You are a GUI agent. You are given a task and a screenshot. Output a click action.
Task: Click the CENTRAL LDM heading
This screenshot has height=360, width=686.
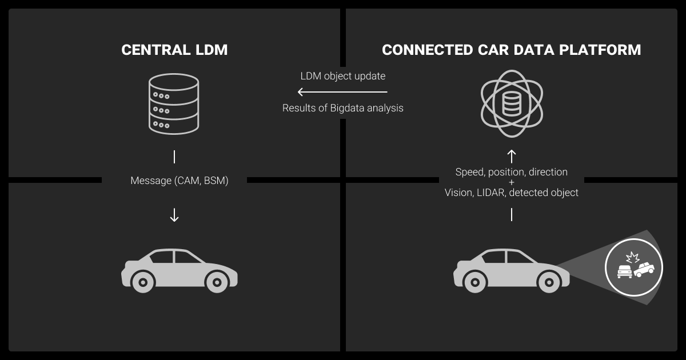(x=174, y=50)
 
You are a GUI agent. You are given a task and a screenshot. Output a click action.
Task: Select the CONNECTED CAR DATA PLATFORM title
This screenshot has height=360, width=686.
(x=511, y=50)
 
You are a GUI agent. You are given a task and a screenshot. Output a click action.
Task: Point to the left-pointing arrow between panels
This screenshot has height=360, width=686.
(x=342, y=92)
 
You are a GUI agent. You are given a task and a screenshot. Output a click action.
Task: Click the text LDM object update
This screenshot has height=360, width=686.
(x=343, y=76)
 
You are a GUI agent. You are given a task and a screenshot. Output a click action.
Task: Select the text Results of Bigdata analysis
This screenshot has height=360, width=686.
(x=343, y=108)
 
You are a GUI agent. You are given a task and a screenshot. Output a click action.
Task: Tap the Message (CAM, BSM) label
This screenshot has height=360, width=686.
(x=180, y=181)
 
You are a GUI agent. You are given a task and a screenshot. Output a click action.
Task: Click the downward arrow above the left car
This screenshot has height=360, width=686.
(x=174, y=215)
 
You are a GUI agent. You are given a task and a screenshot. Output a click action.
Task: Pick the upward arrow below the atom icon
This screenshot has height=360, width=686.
(x=512, y=154)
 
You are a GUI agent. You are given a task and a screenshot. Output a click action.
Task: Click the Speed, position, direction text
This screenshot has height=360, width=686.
(x=512, y=172)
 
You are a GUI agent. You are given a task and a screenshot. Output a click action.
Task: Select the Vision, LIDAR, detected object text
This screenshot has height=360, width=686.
(x=512, y=193)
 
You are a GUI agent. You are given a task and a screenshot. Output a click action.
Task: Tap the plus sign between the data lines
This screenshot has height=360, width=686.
(x=512, y=182)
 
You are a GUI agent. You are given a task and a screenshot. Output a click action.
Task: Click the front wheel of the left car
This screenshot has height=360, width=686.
(x=216, y=281)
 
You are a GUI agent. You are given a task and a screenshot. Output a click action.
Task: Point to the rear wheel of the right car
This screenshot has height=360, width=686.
(x=474, y=281)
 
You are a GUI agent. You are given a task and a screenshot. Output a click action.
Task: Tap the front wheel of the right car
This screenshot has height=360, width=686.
(x=549, y=281)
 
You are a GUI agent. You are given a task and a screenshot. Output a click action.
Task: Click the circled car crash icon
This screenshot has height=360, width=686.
(x=633, y=267)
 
